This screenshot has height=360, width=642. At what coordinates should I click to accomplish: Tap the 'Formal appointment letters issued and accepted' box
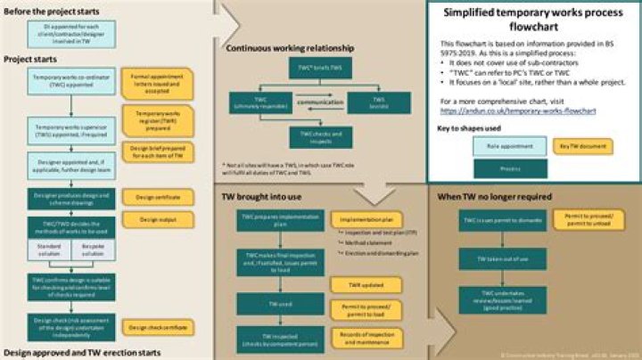pyautogui.click(x=156, y=83)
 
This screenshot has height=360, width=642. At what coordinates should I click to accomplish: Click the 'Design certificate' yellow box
pyautogui.click(x=156, y=195)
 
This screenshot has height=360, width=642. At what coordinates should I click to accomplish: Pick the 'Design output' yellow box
pyautogui.click(x=156, y=218)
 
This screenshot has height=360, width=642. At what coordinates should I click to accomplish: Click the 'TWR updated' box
pyautogui.click(x=359, y=284)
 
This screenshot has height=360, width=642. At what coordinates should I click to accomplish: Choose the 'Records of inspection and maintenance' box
pyautogui.click(x=360, y=337)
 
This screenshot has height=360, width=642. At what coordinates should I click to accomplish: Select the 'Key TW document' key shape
pyautogui.click(x=581, y=144)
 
